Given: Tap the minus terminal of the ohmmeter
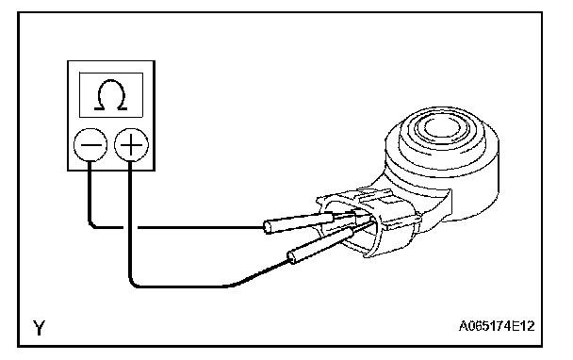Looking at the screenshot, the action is coord(90,145).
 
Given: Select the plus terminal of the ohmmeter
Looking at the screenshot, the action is coord(131,145).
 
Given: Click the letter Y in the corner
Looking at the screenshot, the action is coord(39,327).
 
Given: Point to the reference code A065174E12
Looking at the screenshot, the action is coord(497,326).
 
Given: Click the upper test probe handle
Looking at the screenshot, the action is coord(299,223).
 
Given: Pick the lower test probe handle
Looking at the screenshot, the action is coord(320,244).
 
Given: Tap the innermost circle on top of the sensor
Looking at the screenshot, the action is coord(442,127).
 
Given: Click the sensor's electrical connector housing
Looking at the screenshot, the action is coord(369,221).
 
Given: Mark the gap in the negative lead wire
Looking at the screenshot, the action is coord(130,227).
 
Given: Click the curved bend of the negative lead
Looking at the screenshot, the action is coord(92,224).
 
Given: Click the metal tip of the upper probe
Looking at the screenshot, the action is coord(352,216).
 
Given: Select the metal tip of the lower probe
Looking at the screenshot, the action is coord(364,226).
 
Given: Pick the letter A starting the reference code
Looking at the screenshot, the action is coord(464,326).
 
